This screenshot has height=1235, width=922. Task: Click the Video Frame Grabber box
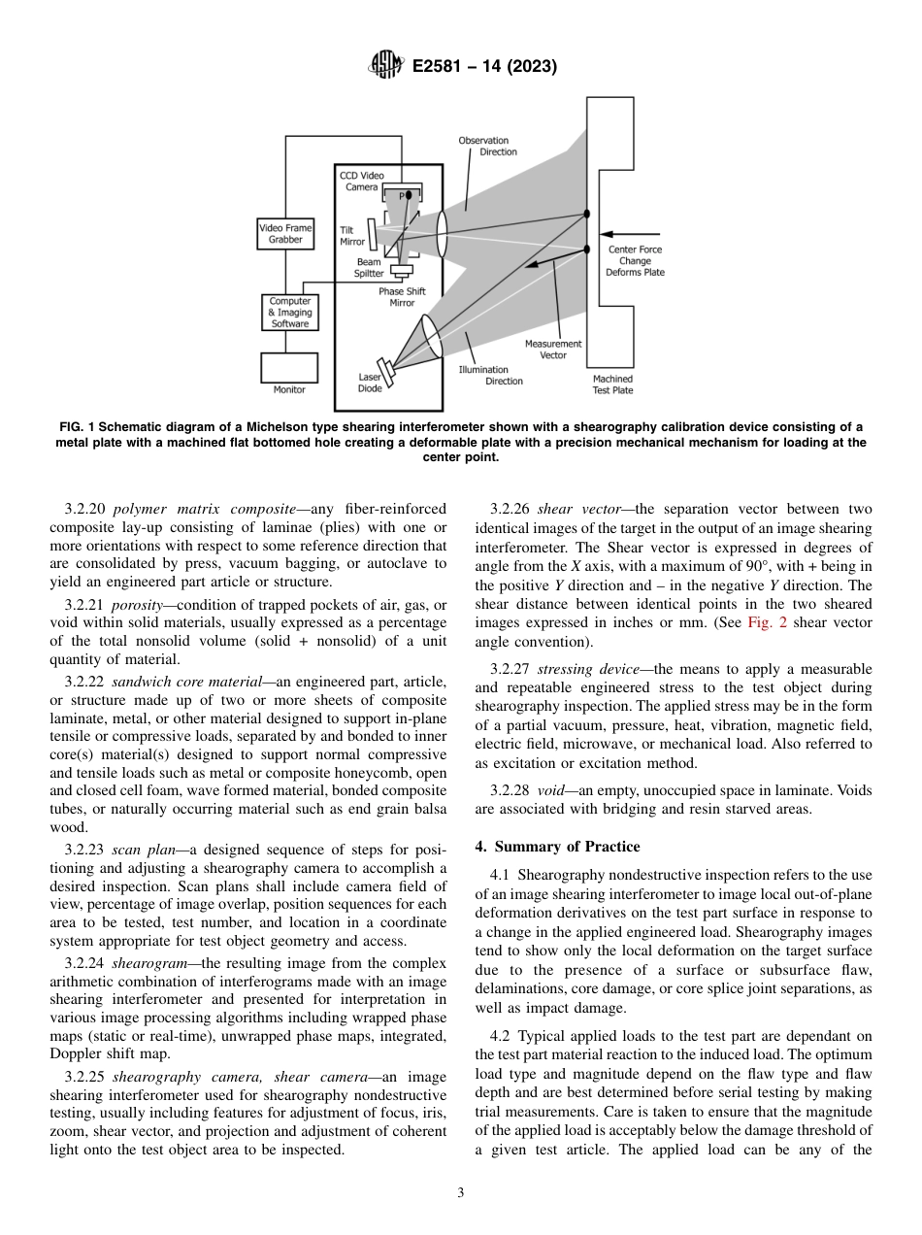(x=285, y=234)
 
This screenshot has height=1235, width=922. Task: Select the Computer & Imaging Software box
(x=289, y=313)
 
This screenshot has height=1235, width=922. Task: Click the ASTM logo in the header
(x=385, y=67)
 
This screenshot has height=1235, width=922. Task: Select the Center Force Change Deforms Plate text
(x=636, y=261)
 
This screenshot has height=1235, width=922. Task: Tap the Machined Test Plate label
(x=612, y=384)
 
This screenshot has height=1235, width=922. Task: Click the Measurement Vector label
(x=553, y=350)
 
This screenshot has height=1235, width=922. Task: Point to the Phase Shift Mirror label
(x=402, y=297)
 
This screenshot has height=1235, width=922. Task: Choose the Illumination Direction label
(x=491, y=375)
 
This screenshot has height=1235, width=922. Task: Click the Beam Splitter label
(x=369, y=268)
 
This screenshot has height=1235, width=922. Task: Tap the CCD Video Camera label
(x=361, y=182)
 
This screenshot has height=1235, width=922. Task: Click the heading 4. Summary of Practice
(x=557, y=847)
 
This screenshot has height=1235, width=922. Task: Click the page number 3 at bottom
(x=460, y=1193)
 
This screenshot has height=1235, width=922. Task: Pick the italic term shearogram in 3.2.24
(x=145, y=963)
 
